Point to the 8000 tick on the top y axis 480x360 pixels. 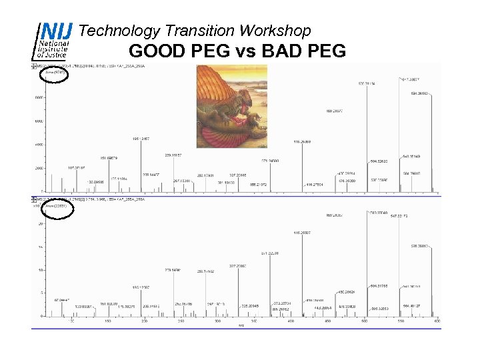click(39, 97)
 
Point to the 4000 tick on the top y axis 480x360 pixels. click(39, 145)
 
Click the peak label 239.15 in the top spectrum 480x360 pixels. click(173, 155)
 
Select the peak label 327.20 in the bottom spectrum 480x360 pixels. click(237, 265)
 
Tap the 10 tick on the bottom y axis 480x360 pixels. click(41, 270)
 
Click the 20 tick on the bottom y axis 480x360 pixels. click(41, 224)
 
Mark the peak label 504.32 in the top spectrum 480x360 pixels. click(379, 161)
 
